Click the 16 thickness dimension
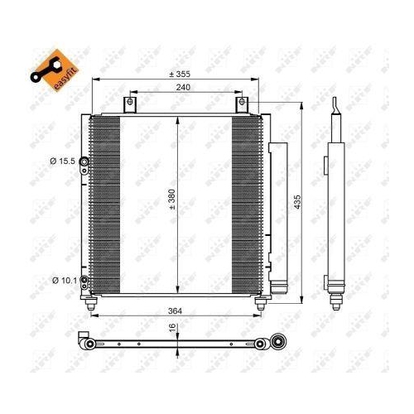(172, 329)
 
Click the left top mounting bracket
(128, 105)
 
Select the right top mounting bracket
(242, 105)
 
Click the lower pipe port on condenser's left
(84, 281)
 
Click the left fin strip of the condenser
(103, 203)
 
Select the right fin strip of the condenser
(248, 203)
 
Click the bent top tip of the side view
(334, 103)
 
